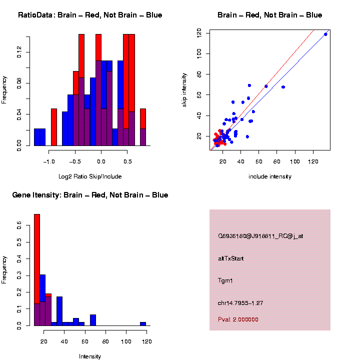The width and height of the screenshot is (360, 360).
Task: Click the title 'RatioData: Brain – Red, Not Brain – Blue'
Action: click(x=90, y=15)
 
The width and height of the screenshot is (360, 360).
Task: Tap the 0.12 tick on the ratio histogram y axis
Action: click(x=19, y=52)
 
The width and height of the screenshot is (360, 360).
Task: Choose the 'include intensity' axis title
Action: click(x=270, y=176)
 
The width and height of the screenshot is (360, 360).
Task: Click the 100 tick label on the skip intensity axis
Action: click(x=199, y=53)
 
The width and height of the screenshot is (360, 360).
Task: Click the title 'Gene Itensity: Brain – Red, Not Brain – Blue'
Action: click(x=90, y=195)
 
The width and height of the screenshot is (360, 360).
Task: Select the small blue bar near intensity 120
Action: click(x=143, y=323)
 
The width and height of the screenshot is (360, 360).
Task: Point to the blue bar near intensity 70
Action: click(x=93, y=320)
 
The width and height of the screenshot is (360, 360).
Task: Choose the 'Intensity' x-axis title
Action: click(x=90, y=356)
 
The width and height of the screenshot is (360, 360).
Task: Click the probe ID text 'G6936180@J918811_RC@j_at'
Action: click(x=260, y=236)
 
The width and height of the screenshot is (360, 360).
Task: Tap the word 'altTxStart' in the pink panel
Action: click(x=230, y=258)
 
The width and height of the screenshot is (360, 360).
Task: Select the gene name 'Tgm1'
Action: click(x=225, y=281)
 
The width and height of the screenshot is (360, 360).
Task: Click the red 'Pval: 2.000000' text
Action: click(x=238, y=319)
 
